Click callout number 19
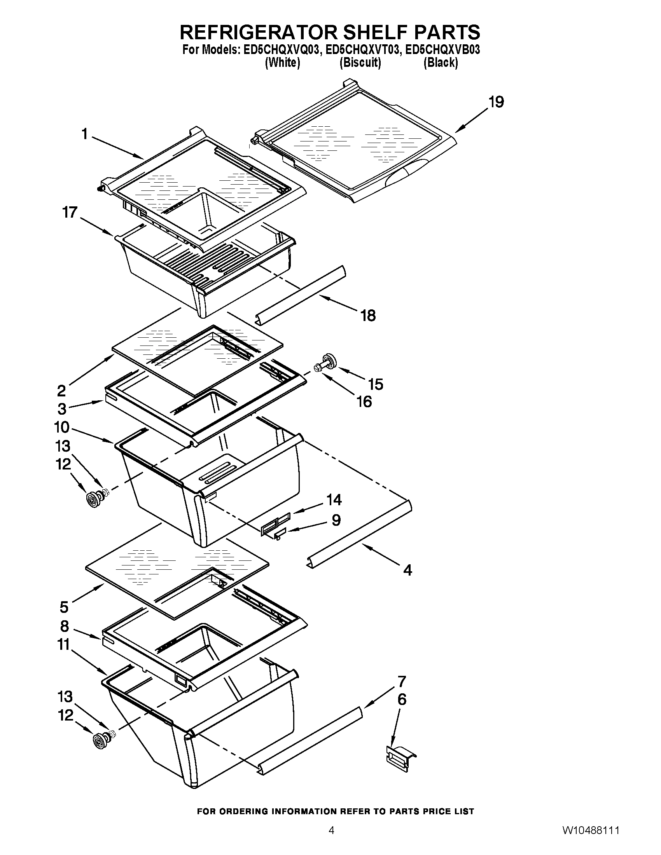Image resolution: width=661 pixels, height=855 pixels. (x=496, y=102)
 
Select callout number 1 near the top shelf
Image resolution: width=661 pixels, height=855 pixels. (x=84, y=134)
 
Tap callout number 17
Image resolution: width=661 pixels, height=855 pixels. (x=70, y=213)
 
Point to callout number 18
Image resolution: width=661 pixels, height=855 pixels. (x=368, y=315)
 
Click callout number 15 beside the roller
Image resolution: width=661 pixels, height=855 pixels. (x=376, y=384)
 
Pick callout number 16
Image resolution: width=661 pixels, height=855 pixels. (x=365, y=402)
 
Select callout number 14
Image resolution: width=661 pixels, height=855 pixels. (x=334, y=500)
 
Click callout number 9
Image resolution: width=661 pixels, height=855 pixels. (x=336, y=520)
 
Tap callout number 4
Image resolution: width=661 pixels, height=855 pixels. (x=407, y=571)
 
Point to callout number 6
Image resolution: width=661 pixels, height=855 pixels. (x=402, y=700)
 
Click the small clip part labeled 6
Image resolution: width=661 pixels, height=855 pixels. (x=400, y=754)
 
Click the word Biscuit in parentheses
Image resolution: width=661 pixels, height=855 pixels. (x=360, y=63)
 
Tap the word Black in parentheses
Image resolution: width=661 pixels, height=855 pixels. (x=441, y=63)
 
